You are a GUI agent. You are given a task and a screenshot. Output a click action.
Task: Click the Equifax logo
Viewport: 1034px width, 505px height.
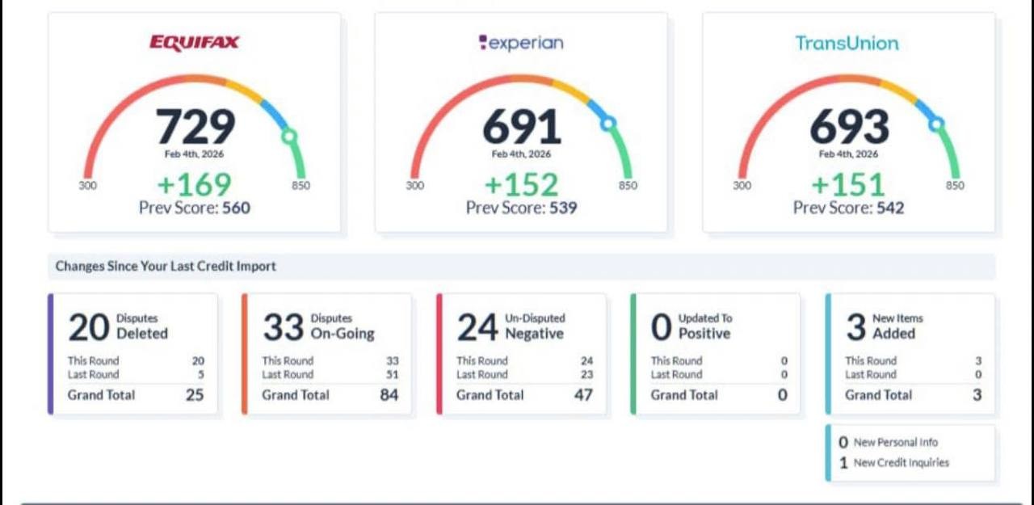194,43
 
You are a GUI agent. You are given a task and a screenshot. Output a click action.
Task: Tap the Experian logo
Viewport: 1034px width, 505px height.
521,43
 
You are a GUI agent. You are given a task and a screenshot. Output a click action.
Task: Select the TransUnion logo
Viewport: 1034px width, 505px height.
847,43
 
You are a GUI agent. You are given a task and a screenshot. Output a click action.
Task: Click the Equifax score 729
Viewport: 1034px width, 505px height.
195,127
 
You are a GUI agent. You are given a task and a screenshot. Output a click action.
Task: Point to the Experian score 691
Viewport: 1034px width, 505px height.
522,127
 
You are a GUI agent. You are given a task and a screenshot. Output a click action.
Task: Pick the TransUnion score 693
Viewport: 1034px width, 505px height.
849,127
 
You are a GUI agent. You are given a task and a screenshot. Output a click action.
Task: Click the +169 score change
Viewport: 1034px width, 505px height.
194,184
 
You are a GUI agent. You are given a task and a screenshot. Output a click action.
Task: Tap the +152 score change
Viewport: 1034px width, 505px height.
521,184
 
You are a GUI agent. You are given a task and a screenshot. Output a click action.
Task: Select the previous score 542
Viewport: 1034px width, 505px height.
889,208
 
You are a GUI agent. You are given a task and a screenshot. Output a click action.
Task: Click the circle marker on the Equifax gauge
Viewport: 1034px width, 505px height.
288,137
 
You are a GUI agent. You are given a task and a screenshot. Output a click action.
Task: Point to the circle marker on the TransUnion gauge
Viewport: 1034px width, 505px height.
936,124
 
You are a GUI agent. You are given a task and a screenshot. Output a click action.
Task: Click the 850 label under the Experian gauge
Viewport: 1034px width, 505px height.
628,186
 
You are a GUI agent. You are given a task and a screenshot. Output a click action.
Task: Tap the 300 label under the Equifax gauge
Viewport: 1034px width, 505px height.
87,186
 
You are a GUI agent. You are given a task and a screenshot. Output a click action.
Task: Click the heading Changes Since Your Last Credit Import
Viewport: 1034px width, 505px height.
166,266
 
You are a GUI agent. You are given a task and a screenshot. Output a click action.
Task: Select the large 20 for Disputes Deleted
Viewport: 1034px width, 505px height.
88,327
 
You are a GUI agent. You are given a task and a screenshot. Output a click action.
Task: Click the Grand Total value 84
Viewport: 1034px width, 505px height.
389,395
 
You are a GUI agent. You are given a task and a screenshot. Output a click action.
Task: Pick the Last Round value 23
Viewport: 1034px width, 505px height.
586,375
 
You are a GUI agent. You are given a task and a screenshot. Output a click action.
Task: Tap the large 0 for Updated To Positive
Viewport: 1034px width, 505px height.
661,327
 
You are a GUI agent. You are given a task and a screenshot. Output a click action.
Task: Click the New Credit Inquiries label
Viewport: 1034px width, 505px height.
902,463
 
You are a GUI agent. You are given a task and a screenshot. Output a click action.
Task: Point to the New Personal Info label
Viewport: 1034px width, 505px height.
896,443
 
